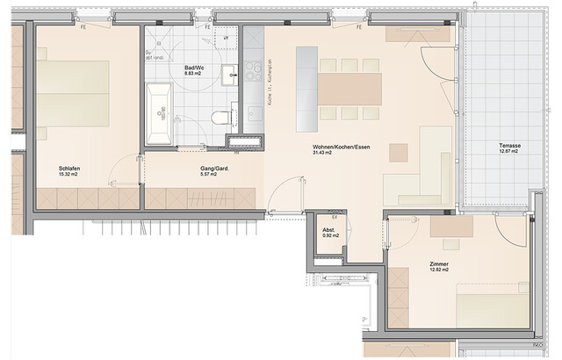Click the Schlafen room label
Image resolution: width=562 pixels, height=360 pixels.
(71, 167)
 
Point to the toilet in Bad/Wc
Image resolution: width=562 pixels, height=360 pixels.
(223, 115)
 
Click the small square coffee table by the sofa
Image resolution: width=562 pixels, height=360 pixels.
(400, 151)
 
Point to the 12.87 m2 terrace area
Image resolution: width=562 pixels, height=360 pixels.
(507, 152)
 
